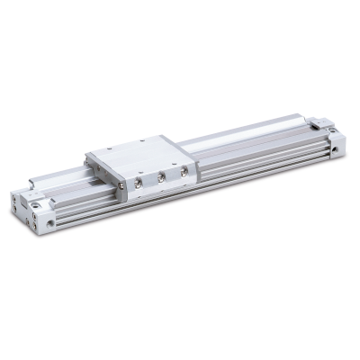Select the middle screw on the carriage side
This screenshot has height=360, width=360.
pyautogui.click(x=161, y=177)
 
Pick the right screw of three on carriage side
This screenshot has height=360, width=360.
pyautogui.click(x=184, y=171)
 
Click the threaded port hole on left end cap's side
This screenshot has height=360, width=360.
pyautogui.click(x=50, y=221)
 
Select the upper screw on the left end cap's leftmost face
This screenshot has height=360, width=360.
pyautogui.click(x=18, y=200)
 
